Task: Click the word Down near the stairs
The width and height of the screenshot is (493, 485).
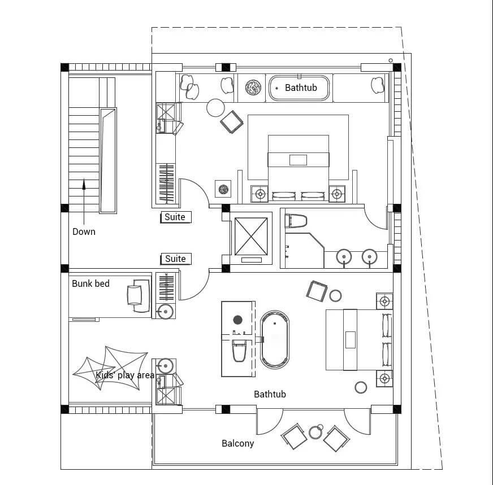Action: coord(84,231)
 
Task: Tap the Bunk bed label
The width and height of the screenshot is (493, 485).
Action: coord(90,283)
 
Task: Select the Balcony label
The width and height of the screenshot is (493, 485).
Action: coord(237,443)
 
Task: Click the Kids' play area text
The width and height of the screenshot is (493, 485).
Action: coord(125,375)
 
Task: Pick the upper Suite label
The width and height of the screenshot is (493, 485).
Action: coord(175,217)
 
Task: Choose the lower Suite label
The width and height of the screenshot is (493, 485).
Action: coord(175,259)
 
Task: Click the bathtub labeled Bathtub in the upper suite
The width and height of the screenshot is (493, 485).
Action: coord(299,88)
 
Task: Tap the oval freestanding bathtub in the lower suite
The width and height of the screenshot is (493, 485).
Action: coord(275,340)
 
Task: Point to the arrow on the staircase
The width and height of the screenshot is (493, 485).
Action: coord(84,202)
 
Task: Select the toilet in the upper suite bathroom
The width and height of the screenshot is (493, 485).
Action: coord(296,221)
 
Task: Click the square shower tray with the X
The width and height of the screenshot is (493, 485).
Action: coord(251,237)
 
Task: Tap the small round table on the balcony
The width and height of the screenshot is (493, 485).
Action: coord(315,432)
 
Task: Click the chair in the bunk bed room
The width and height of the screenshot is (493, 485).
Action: coord(139,296)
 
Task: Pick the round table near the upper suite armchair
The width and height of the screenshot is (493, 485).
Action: coord(215,108)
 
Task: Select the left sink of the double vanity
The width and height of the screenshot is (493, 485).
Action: coord(344,257)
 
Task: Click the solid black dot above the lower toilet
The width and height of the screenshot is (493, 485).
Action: coord(237,320)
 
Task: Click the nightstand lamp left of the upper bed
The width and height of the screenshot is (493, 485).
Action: coord(260,194)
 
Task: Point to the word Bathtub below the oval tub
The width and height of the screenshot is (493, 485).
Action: coord(270,394)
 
